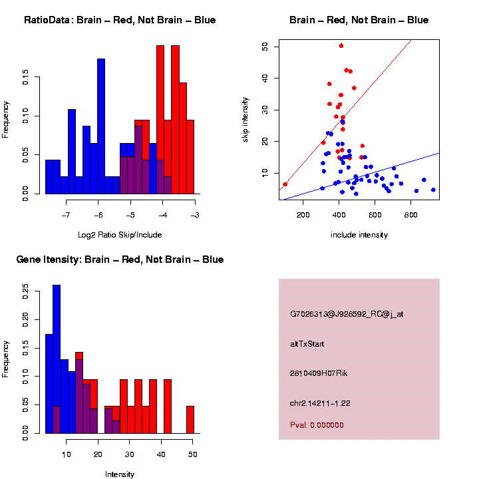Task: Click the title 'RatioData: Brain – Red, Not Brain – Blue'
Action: pyautogui.click(x=120, y=20)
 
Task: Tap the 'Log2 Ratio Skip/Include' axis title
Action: pyautogui.click(x=120, y=235)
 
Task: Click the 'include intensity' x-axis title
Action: pyautogui.click(x=359, y=235)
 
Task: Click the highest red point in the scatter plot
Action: pyautogui.click(x=341, y=46)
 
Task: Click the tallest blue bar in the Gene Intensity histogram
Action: pyautogui.click(x=57, y=359)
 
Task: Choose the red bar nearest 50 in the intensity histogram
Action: pyautogui.click(x=190, y=419)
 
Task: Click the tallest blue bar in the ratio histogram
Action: pyautogui.click(x=101, y=126)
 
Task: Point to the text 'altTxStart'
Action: pyautogui.click(x=307, y=344)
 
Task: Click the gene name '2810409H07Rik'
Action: pyautogui.click(x=319, y=373)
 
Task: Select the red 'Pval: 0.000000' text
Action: pyautogui.click(x=317, y=425)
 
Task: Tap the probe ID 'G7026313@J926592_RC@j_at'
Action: pyautogui.click(x=347, y=314)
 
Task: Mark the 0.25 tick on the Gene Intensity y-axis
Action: pyautogui.click(x=26, y=291)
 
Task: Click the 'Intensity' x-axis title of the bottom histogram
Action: pyautogui.click(x=120, y=474)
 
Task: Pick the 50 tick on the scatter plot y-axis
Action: pyautogui.click(x=265, y=47)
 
